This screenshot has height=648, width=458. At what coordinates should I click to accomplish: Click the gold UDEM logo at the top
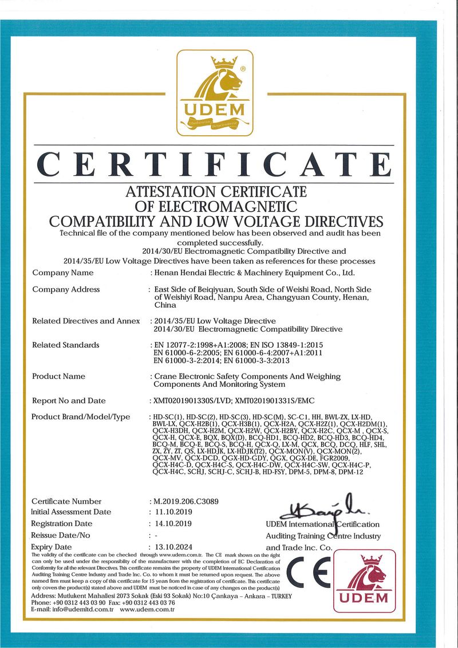tap(214, 93)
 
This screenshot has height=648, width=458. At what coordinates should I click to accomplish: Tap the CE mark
tap(306, 573)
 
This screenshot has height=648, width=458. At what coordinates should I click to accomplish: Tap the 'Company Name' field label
tap(63, 273)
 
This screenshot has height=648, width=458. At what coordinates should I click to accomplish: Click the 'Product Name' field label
tap(58, 376)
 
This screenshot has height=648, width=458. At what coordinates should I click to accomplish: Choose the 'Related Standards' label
tap(65, 345)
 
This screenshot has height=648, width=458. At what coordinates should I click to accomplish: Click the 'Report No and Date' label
tap(69, 400)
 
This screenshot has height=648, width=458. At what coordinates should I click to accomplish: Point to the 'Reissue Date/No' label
tap(61, 535)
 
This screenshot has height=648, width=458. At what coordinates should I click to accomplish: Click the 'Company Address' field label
tap(66, 289)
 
